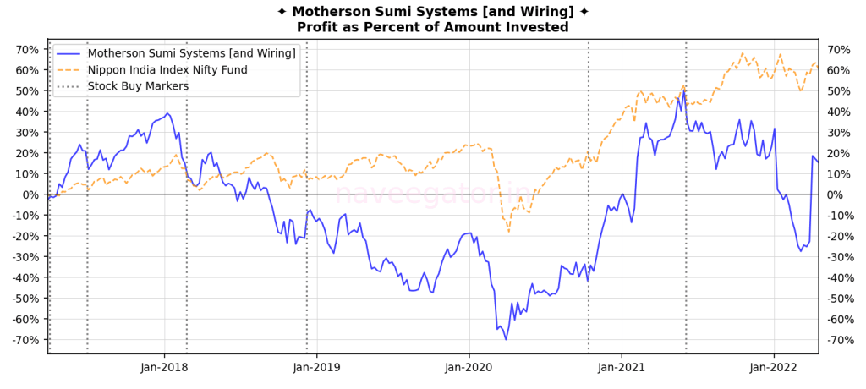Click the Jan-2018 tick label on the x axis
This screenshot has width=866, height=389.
point(165,367)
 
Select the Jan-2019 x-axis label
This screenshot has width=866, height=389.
point(317,367)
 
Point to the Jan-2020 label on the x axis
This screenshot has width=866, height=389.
point(469,367)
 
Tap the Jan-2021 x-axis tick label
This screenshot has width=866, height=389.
point(622,367)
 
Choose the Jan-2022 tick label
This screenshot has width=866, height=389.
point(774,367)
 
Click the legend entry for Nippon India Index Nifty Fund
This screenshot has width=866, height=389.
point(167,69)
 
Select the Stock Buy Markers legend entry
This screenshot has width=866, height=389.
point(138,85)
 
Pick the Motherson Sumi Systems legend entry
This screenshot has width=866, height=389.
point(191,53)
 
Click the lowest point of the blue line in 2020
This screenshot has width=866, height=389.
point(506,339)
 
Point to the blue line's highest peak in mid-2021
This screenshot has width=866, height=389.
point(684,90)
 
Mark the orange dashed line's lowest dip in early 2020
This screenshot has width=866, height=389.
point(509,232)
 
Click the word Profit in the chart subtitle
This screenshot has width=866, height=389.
point(317,27)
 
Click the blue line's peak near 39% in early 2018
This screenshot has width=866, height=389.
point(167,112)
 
